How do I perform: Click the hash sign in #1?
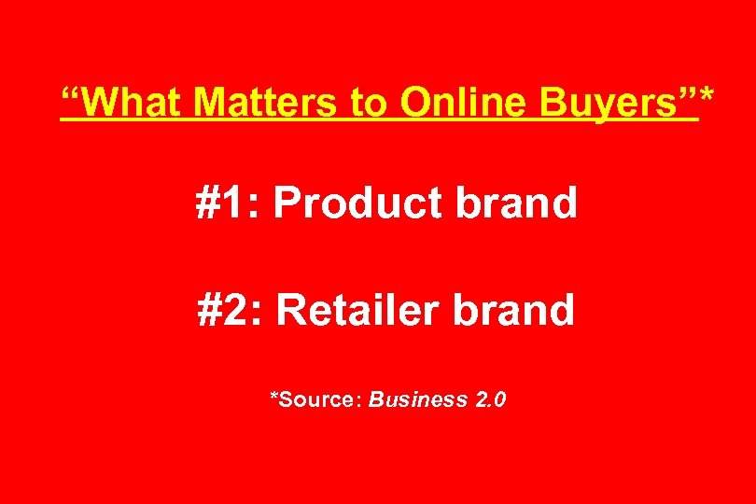tap(208, 203)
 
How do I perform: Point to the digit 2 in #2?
tap(236, 310)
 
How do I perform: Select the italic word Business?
tap(417, 400)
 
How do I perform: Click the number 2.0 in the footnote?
tap(491, 400)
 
